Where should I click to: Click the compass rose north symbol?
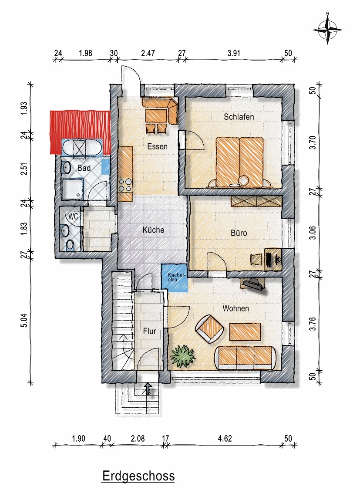[327, 29]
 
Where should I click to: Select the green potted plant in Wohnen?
[183, 357]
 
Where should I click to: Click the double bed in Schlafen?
[239, 162]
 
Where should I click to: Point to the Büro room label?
[239, 233]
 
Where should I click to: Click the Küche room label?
[153, 230]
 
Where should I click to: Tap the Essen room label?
[158, 146]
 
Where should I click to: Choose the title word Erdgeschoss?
[138, 476]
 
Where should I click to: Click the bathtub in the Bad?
[81, 147]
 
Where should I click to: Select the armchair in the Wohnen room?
[209, 328]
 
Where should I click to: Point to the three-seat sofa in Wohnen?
[245, 358]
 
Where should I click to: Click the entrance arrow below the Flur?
[148, 388]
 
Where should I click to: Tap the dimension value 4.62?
[225, 439]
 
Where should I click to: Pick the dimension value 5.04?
[24, 321]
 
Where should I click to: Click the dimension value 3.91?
[234, 53]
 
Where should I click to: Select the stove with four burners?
[124, 185]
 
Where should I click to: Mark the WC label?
[73, 216]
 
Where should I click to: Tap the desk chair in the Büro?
[256, 259]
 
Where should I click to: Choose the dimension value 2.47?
[148, 53]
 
